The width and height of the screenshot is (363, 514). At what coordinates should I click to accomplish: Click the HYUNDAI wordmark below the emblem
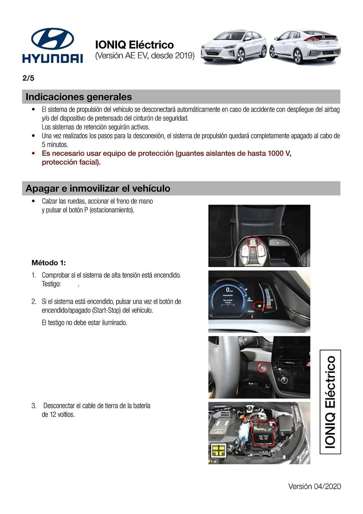click(53, 58)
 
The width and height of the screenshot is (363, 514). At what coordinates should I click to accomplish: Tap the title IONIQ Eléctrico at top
click(135, 45)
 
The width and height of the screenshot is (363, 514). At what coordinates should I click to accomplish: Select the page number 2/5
click(28, 78)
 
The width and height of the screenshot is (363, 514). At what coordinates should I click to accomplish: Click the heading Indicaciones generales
click(79, 97)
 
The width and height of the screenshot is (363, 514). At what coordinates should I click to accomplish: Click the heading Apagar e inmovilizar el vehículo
click(98, 188)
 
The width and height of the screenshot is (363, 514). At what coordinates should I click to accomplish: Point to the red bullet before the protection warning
click(33, 153)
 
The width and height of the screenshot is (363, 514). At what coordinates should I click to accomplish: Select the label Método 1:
click(49, 263)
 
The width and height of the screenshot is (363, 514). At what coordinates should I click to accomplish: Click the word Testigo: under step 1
click(51, 284)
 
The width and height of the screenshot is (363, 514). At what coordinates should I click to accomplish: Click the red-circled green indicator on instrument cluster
click(259, 305)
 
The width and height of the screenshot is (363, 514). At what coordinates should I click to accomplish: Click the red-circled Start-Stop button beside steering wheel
click(262, 368)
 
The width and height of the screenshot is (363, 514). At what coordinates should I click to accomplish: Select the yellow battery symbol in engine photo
click(218, 451)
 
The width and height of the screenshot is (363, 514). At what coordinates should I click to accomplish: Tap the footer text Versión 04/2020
click(314, 486)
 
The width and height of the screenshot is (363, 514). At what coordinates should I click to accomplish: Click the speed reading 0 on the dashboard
click(227, 290)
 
